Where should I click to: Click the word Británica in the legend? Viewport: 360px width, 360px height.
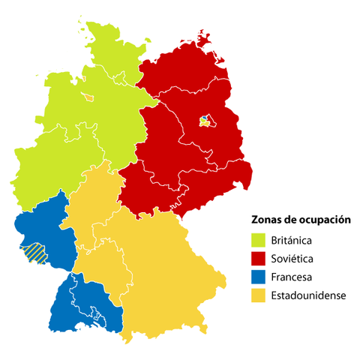(x=292, y=241)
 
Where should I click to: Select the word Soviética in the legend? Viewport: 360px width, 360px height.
(x=291, y=259)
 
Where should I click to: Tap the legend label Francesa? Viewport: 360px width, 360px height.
(x=291, y=277)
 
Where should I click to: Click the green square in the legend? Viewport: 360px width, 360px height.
(x=257, y=241)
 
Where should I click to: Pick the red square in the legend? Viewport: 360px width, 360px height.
(x=257, y=259)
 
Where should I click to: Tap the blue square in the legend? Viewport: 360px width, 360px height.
(x=257, y=277)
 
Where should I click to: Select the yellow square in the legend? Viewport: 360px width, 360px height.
(x=257, y=295)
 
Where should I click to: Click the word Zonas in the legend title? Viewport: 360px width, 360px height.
(x=263, y=220)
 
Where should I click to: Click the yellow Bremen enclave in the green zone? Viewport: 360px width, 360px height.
(x=88, y=96)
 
